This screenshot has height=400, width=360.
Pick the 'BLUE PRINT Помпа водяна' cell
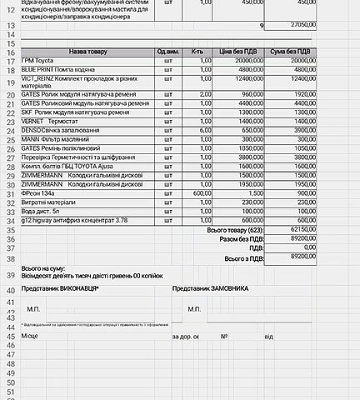[60, 70]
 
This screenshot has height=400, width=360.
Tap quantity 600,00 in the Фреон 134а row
[197, 193]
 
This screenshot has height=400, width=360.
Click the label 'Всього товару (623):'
[238, 228]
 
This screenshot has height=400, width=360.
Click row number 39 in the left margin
[10, 274]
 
